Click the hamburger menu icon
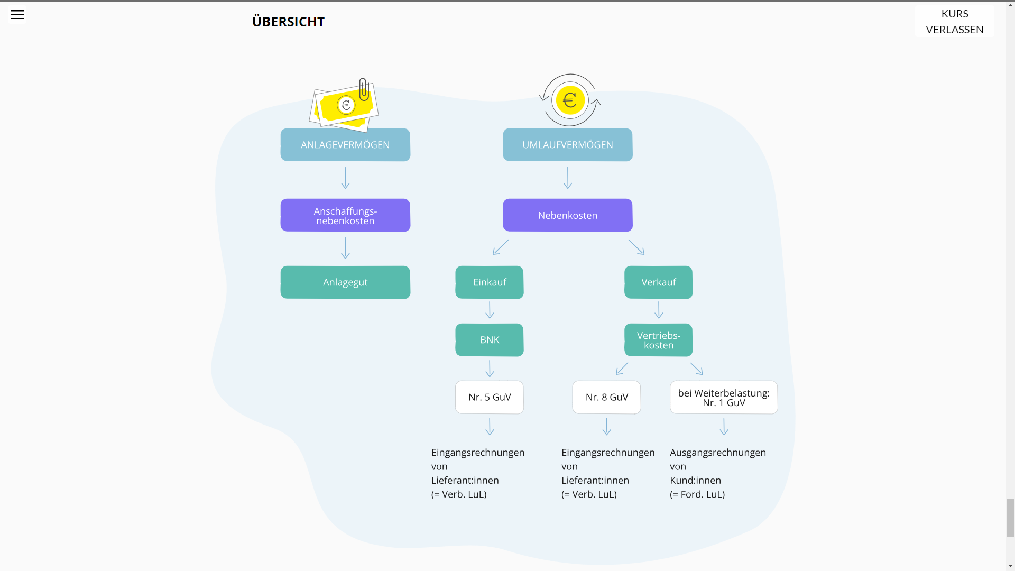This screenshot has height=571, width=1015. (x=17, y=15)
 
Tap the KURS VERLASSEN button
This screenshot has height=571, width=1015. (x=954, y=22)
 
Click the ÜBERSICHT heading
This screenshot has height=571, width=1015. (x=288, y=22)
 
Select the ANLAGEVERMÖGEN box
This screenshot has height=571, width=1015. (x=345, y=145)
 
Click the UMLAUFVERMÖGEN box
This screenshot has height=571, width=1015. (x=567, y=145)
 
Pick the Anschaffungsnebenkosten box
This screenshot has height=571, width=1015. (x=345, y=215)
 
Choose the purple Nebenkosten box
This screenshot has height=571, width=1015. (x=567, y=215)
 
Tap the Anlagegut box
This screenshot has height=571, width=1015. (x=345, y=282)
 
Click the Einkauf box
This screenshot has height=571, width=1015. (x=490, y=282)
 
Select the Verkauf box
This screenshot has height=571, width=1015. (x=658, y=282)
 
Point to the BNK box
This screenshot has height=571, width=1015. (x=490, y=340)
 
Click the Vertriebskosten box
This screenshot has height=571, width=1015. (x=658, y=340)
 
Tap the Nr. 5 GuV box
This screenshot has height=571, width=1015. (x=490, y=397)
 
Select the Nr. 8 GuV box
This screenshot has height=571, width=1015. (x=606, y=397)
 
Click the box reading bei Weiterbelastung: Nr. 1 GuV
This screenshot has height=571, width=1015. (x=724, y=397)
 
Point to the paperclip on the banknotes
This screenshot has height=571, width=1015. (x=364, y=89)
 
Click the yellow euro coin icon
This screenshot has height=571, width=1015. (x=570, y=100)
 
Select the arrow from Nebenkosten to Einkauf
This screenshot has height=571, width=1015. (x=501, y=247)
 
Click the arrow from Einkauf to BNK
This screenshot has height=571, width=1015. (x=490, y=310)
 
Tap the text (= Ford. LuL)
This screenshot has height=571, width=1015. (x=697, y=494)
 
